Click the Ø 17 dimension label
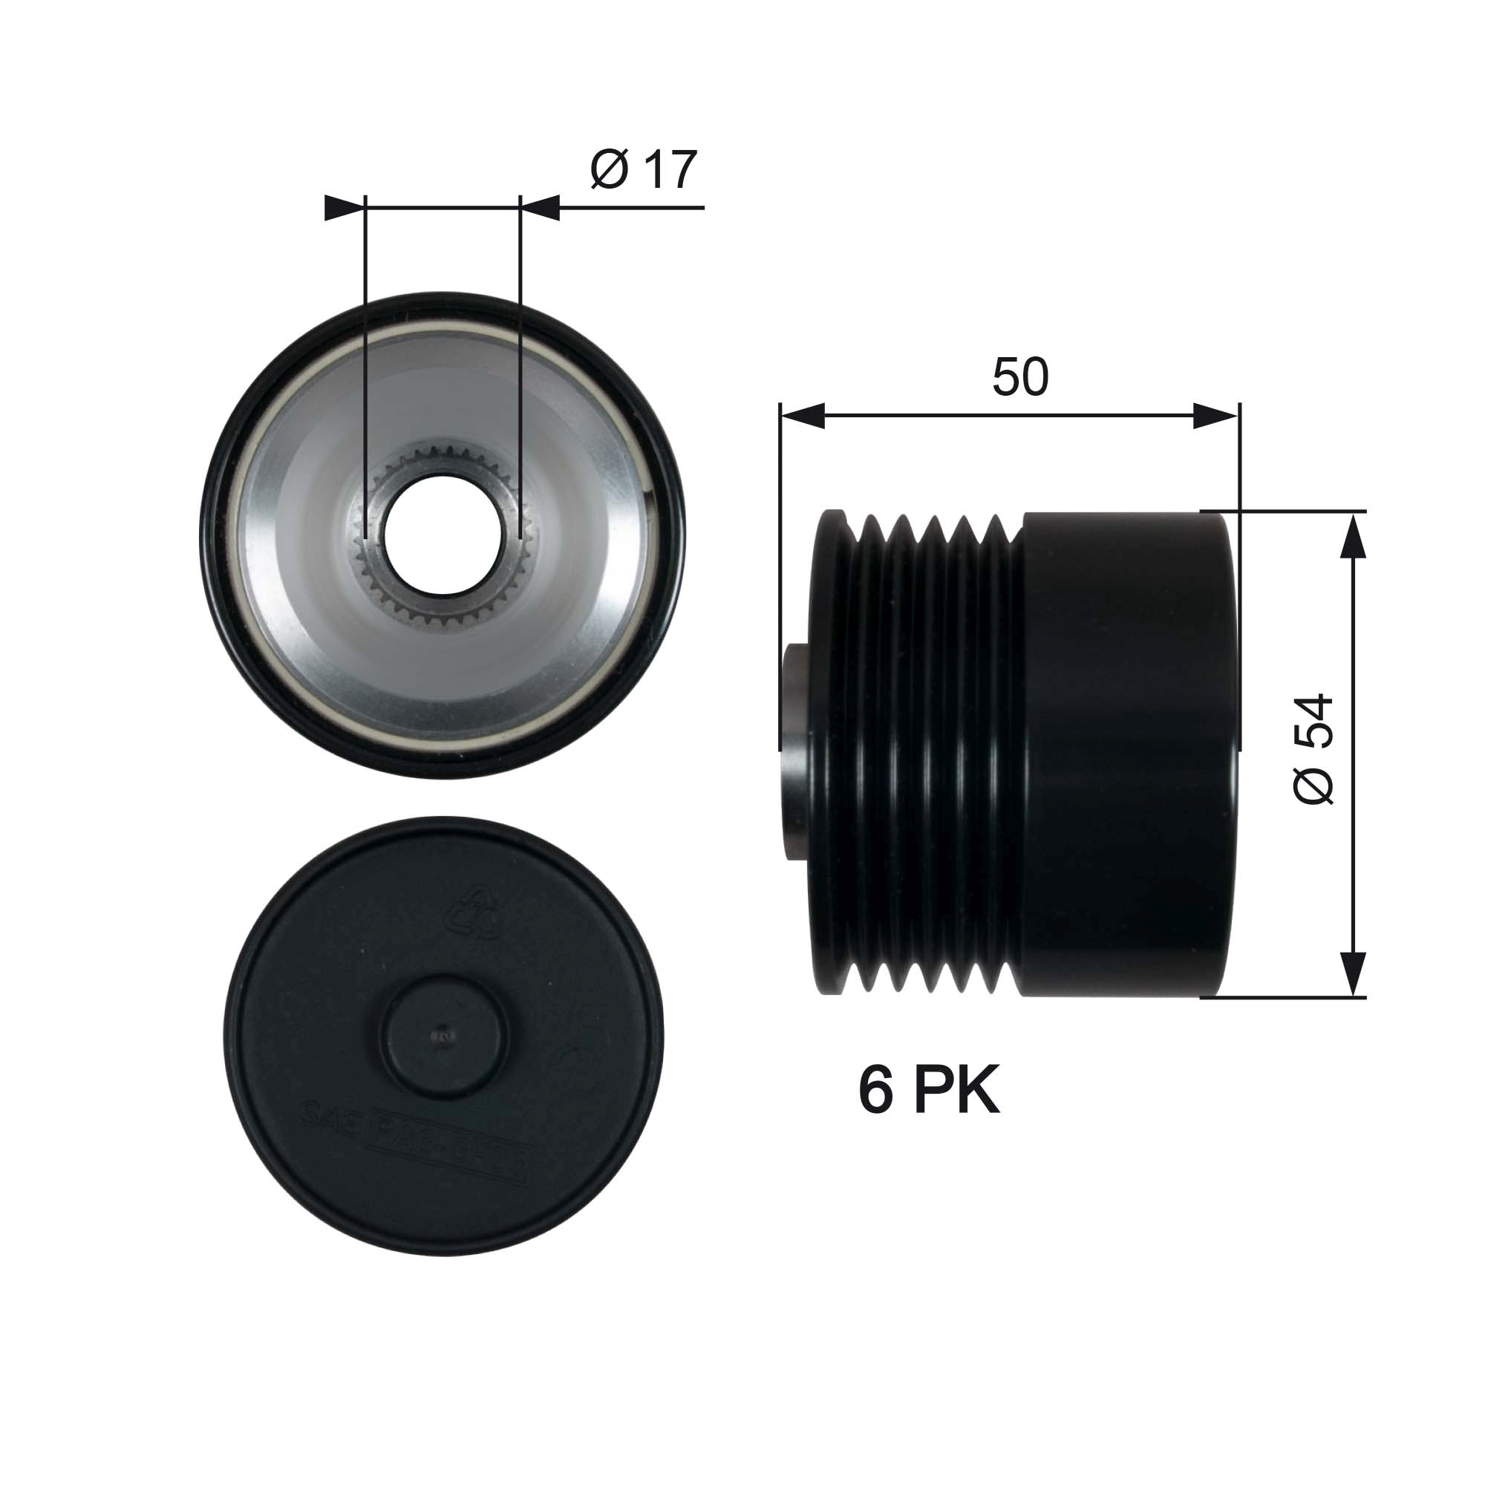click(x=644, y=170)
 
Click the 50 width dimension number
click(x=1020, y=377)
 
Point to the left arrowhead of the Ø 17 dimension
click(x=343, y=208)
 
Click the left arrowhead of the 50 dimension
click(x=802, y=417)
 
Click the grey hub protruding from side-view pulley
click(x=795, y=753)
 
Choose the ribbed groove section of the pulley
click(x=922, y=753)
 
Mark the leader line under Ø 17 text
click(x=630, y=208)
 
